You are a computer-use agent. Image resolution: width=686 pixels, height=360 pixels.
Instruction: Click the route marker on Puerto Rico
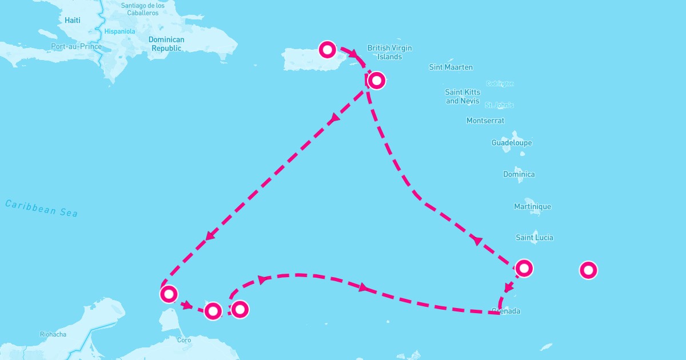click(327, 50)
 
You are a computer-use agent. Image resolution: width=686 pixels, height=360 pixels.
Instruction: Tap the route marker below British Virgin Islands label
click(376, 81)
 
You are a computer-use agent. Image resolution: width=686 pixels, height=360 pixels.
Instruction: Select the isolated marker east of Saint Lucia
click(588, 270)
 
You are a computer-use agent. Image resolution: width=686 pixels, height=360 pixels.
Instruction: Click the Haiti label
click(73, 20)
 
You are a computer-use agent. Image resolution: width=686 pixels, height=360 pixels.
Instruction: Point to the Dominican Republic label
click(166, 44)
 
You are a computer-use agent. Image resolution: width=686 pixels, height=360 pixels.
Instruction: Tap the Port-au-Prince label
click(76, 46)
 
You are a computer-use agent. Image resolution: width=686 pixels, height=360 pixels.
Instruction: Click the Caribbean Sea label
click(41, 208)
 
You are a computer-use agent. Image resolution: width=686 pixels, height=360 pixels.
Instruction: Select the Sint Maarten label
click(451, 67)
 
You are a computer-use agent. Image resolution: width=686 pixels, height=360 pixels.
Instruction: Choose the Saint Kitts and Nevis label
click(463, 97)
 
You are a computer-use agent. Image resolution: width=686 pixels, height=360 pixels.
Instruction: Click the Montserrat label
click(485, 121)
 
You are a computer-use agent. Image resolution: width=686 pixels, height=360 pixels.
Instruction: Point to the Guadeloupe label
click(512, 143)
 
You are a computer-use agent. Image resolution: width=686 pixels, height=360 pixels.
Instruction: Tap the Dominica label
click(519, 174)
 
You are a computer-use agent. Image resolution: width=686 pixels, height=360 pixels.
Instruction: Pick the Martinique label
click(532, 206)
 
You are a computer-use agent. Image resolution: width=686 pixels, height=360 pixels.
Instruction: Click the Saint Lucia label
click(535, 238)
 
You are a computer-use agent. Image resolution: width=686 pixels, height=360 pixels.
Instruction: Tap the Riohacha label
click(53, 334)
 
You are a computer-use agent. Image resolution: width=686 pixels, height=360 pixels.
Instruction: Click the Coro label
click(184, 340)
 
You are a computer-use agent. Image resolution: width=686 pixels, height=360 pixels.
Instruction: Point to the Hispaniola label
click(119, 31)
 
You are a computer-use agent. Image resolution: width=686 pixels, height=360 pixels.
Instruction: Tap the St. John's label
click(499, 105)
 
